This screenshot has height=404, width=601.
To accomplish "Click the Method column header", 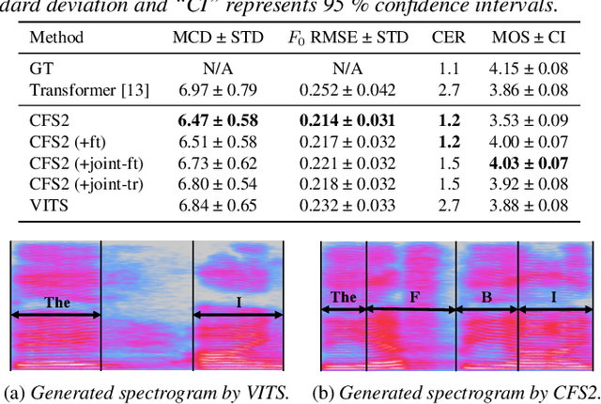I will point(56,39).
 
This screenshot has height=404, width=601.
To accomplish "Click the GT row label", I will point(40,69).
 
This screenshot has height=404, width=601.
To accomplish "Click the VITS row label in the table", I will point(47,205).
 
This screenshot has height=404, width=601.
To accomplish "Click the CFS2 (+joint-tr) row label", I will point(86,184).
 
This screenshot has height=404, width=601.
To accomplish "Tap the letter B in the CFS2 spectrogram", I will point(485,298).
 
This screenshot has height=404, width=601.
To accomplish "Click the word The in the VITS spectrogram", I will point(56,303).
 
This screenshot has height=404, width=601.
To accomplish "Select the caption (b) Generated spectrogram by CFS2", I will point(455,392).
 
